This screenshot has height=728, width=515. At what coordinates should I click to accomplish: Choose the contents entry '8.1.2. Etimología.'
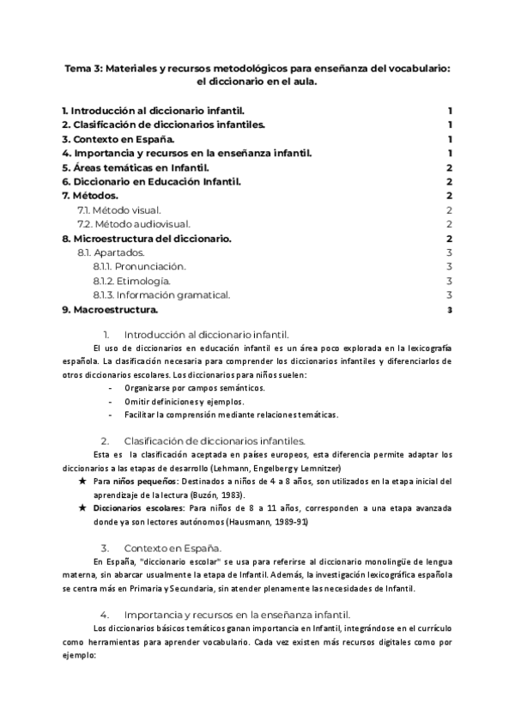[131, 280]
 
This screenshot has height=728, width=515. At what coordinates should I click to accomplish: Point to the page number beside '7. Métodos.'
[450, 195]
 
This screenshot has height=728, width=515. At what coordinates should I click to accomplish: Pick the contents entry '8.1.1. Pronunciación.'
[139, 266]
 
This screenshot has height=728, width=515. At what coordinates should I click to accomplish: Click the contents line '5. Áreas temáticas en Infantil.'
[142, 167]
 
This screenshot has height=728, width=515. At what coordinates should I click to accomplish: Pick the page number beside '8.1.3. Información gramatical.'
[450, 294]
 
